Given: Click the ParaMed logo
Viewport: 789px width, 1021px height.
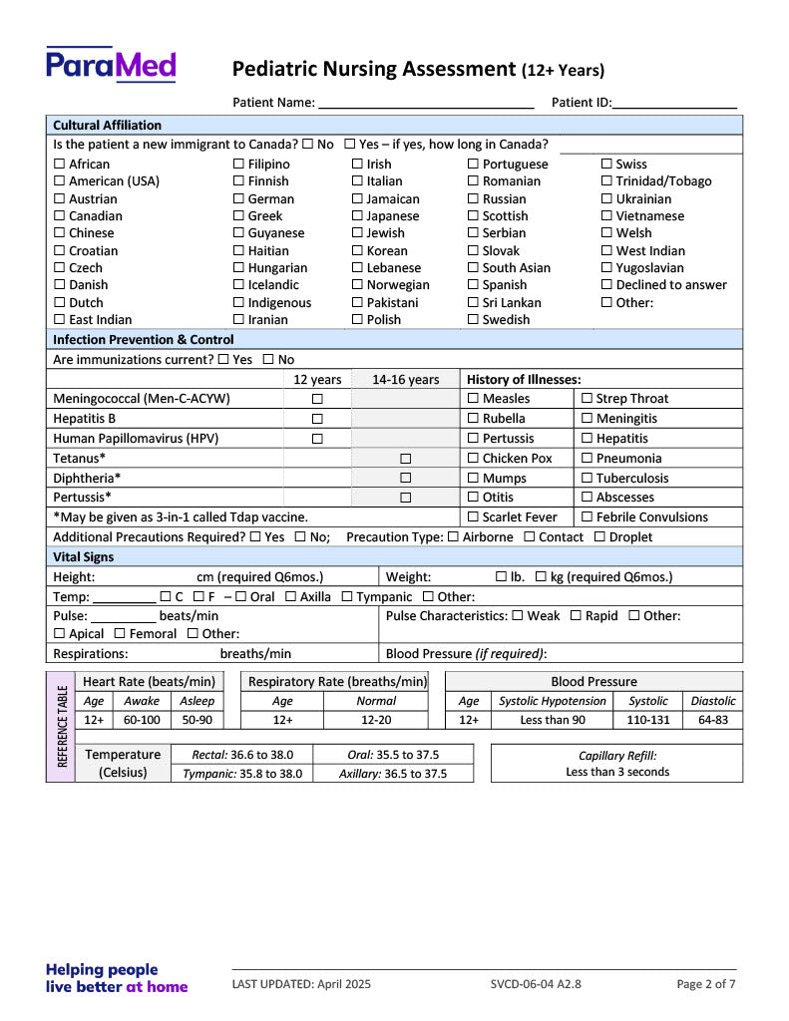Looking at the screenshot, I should pos(111,65).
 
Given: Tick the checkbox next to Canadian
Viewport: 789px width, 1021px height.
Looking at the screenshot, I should pos(60,216).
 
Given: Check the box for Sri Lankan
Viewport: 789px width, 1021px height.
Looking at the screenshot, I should pos(474,303).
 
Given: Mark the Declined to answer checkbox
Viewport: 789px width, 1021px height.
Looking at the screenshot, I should pos(606,285).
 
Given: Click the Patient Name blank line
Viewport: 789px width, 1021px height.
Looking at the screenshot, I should pos(426,103).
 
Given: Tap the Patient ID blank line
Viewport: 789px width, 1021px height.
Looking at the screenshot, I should pos(675,103).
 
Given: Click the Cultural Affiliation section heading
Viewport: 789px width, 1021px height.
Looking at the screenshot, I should pos(107,126).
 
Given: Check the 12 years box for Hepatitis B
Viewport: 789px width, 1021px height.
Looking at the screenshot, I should pos(317,420).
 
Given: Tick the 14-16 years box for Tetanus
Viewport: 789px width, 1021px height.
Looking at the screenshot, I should pos(406,459).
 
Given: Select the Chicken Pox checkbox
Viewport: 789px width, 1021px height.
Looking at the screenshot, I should pos(474,459).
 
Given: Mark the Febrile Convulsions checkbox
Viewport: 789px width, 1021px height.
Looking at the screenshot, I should pos(588,517).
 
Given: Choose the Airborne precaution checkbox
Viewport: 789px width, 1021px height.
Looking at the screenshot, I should pos(454,537).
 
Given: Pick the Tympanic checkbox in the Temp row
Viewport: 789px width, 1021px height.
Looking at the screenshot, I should pos(347,597).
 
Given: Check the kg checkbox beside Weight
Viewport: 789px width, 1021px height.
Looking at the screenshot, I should pos(541,577).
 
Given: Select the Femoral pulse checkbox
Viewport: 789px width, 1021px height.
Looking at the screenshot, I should pos(120,634).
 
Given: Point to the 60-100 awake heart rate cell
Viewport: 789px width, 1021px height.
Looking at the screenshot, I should pos(142,720).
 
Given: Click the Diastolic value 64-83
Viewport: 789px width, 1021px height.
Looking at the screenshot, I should pos(713,720).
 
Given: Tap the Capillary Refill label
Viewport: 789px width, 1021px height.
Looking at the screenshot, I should pos(617,756).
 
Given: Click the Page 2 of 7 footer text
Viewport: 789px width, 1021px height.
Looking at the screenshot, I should pos(706,984).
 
